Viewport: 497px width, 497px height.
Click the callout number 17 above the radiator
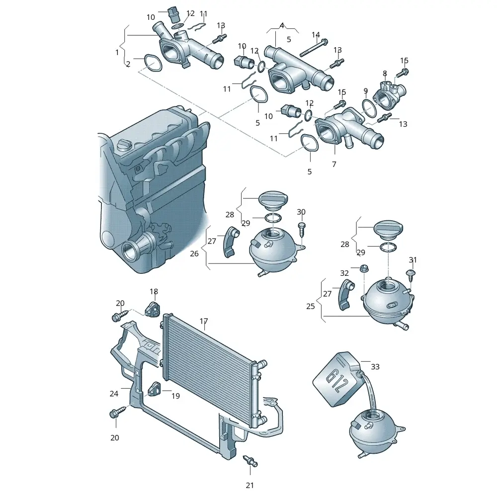click(x=204, y=321)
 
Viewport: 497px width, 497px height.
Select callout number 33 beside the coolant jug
click(x=375, y=367)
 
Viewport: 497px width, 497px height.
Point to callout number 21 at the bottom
click(x=250, y=485)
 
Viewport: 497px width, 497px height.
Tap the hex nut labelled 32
click(x=364, y=268)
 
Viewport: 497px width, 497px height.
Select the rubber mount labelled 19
click(x=155, y=389)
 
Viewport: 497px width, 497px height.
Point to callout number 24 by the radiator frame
click(x=114, y=394)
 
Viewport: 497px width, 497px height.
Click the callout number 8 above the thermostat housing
click(x=385, y=74)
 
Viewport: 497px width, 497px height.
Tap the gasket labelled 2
click(x=153, y=63)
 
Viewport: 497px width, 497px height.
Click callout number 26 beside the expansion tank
click(x=194, y=253)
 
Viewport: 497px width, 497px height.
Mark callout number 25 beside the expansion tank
click(x=311, y=306)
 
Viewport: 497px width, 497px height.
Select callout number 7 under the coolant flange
click(x=334, y=164)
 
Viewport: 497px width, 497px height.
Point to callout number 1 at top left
click(x=117, y=52)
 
